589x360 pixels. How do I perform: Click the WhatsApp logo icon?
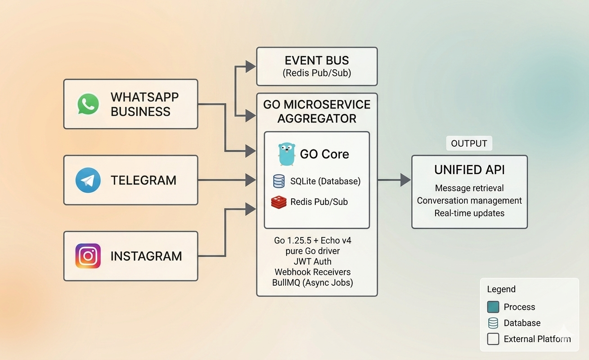click(88, 104)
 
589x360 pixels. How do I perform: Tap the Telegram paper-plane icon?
click(88, 180)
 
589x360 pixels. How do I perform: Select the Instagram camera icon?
click(88, 256)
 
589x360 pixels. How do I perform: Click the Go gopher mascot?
click(287, 154)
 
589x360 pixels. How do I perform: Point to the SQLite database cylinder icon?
click(279, 181)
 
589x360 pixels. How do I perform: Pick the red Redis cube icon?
click(279, 202)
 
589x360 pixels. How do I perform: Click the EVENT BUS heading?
click(317, 61)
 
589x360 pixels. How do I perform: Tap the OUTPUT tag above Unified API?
click(469, 144)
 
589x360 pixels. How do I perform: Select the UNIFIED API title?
click(469, 170)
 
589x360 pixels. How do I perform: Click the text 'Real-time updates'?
click(469, 213)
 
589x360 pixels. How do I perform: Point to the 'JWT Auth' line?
click(312, 261)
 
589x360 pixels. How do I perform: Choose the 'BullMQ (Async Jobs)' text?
click(312, 283)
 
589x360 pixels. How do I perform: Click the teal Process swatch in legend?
click(493, 307)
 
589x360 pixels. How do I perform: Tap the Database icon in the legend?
click(493, 323)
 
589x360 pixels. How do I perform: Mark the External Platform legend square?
click(493, 339)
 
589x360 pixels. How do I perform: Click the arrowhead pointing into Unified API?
click(406, 180)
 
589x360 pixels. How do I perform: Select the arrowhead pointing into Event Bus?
click(251, 67)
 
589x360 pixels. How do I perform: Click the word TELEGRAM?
click(144, 180)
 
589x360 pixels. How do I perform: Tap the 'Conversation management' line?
click(469, 201)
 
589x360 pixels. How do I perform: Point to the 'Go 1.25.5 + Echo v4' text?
click(312, 240)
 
